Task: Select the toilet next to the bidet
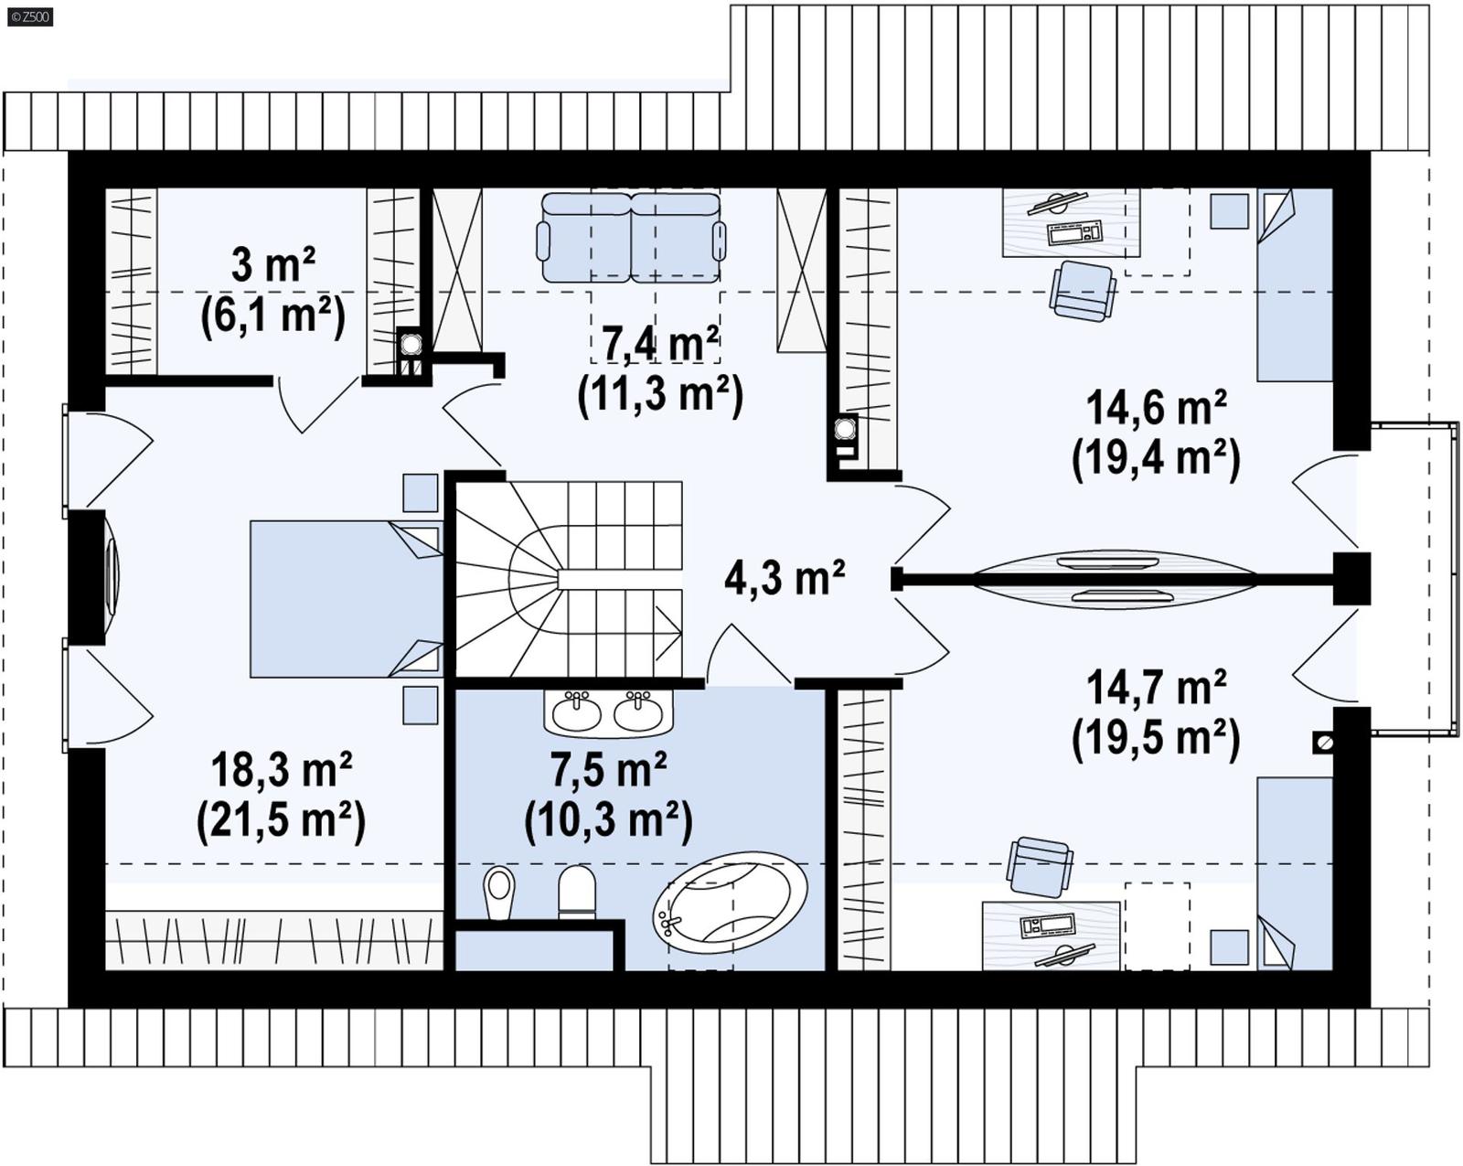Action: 576,892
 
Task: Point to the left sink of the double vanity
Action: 576,712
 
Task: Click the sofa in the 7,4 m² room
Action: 630,237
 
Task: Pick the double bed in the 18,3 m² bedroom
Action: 345,599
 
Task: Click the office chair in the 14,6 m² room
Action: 1083,290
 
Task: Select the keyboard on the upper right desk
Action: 1074,233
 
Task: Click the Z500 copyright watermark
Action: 29,16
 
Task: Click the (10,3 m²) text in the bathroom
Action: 608,819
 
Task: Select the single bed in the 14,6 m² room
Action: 1294,284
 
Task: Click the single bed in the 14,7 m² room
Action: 1294,872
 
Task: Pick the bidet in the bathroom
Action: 499,892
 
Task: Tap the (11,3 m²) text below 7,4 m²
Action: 659,394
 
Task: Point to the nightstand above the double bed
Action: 420,492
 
